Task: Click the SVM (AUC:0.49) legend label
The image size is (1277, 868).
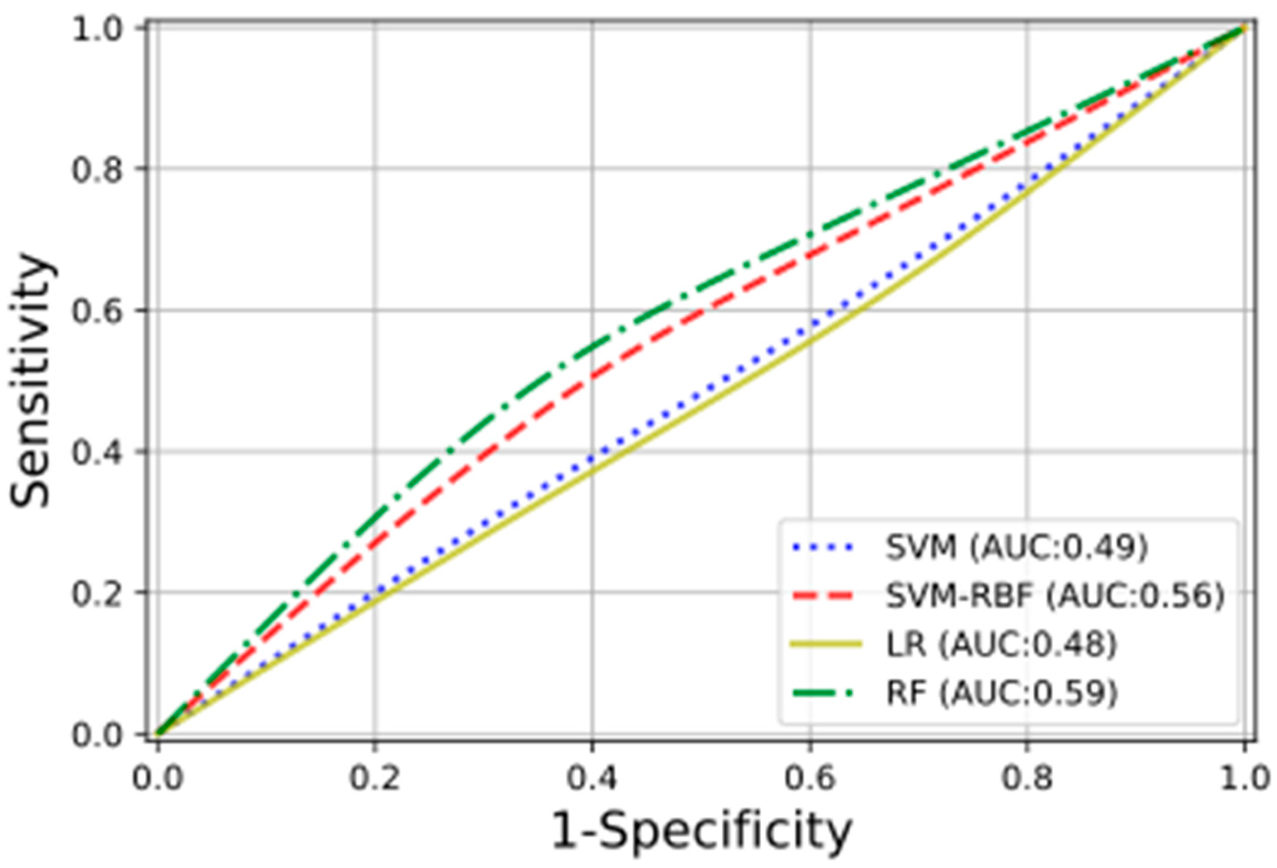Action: (x=1017, y=548)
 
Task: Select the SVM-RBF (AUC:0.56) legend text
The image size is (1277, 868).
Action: (x=1055, y=596)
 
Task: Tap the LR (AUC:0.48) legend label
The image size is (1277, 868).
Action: (x=1001, y=645)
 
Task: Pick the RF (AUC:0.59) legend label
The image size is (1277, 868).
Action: (x=1001, y=693)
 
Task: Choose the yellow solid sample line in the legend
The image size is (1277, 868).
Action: (x=825, y=645)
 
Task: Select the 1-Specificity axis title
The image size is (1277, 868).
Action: (x=701, y=831)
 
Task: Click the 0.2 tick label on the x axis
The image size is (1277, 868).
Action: (x=375, y=779)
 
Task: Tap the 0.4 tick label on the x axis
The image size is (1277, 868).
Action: (x=592, y=779)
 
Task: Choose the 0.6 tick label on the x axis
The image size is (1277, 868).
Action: (x=809, y=779)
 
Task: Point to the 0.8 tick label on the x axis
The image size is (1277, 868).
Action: (x=1027, y=779)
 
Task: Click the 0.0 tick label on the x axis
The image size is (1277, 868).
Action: (x=158, y=779)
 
